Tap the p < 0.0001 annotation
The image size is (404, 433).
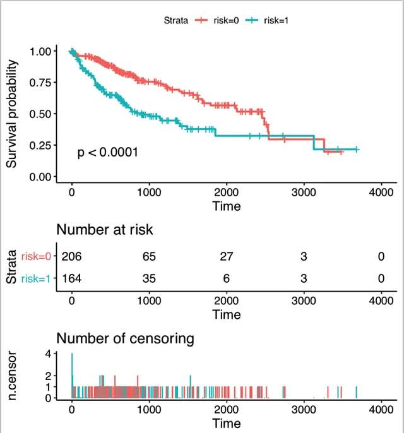click(x=108, y=152)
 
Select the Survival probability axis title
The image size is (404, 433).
click(x=12, y=114)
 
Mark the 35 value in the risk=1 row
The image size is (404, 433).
click(x=149, y=278)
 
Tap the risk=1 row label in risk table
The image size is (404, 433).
click(x=39, y=278)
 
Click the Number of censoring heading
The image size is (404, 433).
click(x=126, y=339)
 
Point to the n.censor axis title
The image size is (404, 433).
click(x=12, y=377)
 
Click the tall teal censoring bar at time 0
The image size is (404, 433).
click(x=72, y=376)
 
